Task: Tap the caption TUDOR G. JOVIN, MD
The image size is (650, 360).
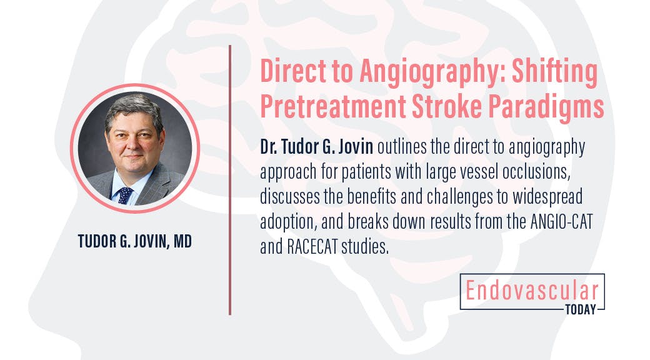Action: (135, 241)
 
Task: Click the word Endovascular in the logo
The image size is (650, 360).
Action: (531, 291)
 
